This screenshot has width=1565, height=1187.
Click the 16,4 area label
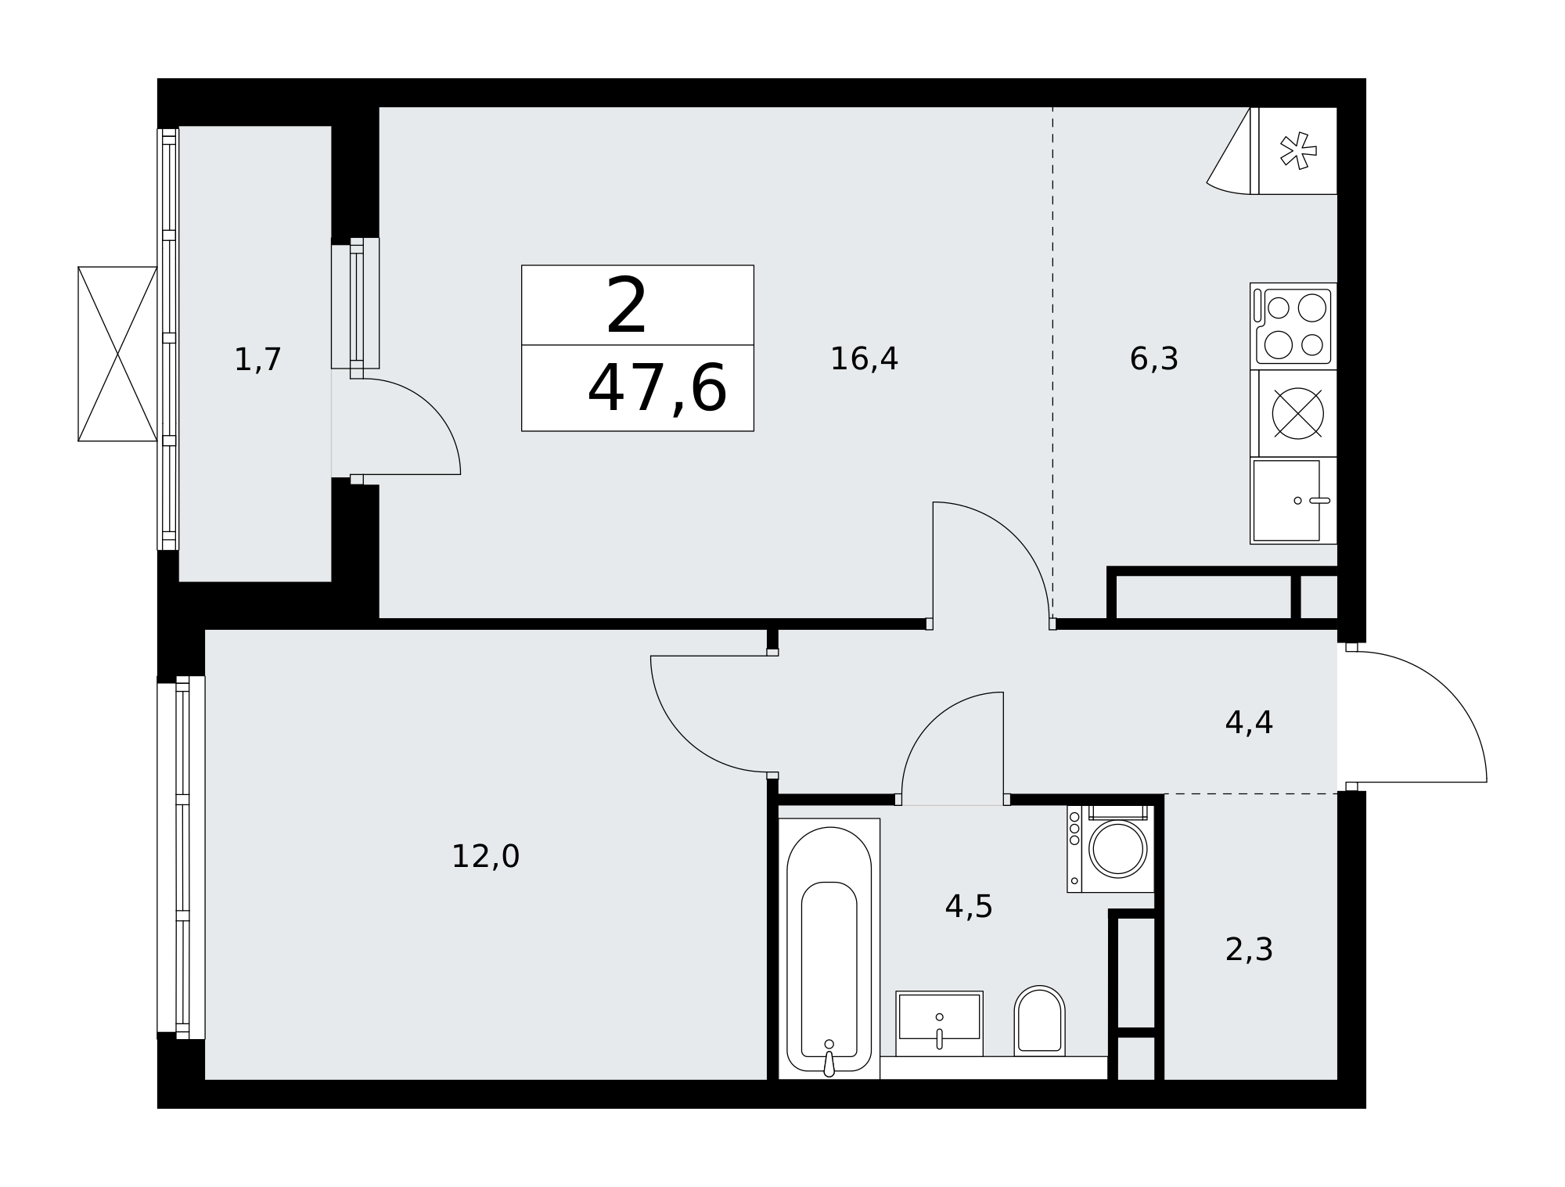864,359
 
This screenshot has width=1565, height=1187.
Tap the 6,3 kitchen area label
1153,359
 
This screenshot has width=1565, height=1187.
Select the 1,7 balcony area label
257,360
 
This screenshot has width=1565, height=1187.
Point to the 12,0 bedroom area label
485,857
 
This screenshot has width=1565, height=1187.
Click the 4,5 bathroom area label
969,907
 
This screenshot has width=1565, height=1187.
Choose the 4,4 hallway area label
1249,723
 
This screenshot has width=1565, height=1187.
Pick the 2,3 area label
1249,950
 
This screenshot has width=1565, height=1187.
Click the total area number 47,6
657,390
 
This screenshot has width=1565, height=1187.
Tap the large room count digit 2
627,306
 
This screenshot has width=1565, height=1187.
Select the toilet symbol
1039,1020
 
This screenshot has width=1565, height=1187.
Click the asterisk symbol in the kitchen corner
1297,151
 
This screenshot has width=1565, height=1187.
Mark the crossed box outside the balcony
117,354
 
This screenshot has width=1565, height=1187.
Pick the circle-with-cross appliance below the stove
1297,413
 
